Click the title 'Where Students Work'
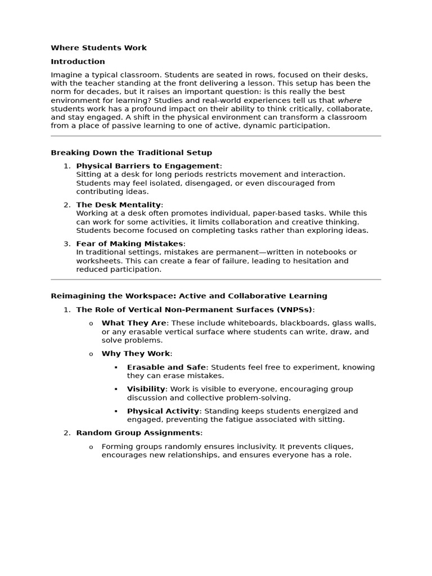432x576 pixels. [x=98, y=48]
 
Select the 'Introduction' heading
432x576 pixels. [x=78, y=61]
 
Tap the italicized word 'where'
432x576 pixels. [x=349, y=100]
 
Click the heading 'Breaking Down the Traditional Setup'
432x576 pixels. [x=131, y=152]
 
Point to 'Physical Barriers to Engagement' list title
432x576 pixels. [x=147, y=166]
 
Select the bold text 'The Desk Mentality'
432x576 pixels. [x=118, y=205]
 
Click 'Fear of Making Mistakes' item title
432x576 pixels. [x=129, y=244]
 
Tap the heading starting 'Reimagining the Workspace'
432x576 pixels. [x=188, y=296]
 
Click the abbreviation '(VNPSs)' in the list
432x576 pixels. [x=294, y=309]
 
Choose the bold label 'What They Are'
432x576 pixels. [x=134, y=323]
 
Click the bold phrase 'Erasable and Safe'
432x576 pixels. [x=166, y=367]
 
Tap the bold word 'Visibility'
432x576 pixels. [x=146, y=389]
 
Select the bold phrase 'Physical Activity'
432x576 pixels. [x=163, y=411]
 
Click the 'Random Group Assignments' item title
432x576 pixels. [x=138, y=433]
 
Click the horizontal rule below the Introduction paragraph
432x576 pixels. [x=215, y=136]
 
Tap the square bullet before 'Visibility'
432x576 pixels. [x=115, y=389]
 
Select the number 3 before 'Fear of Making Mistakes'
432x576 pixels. [x=66, y=244]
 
